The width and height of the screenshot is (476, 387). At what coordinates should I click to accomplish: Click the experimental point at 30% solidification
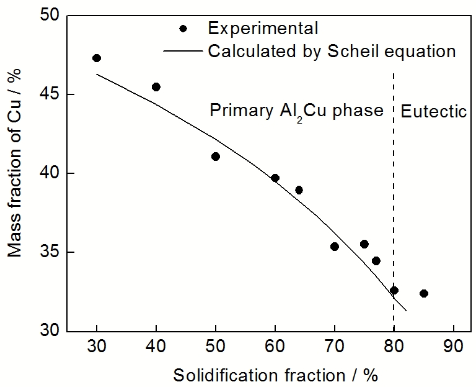(97, 58)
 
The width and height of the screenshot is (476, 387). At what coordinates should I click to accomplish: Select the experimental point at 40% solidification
(156, 87)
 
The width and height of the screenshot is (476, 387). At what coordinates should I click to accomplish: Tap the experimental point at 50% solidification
(216, 157)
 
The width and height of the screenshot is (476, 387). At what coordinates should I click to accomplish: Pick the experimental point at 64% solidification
(299, 190)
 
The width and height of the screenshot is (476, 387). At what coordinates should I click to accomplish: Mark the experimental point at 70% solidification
(335, 247)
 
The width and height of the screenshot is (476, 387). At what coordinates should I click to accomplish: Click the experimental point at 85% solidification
(424, 293)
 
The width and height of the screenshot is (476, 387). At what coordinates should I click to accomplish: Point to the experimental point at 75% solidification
(364, 244)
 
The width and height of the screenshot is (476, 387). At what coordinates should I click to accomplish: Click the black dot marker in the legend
(182, 29)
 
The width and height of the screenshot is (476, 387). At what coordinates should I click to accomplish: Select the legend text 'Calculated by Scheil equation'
(332, 50)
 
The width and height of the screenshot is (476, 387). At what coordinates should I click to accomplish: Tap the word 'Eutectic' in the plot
(433, 112)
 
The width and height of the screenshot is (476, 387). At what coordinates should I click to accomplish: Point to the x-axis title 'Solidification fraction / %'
(275, 375)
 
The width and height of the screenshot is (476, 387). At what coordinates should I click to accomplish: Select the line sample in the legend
(182, 51)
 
